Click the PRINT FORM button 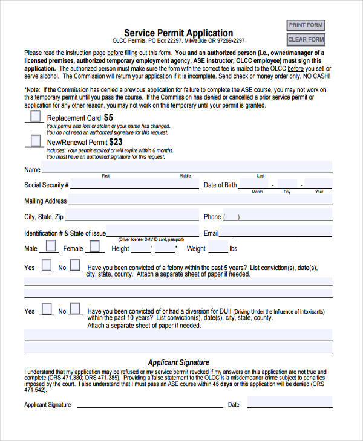(306, 25)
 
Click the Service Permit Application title (178, 33)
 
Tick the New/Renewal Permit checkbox (36, 141)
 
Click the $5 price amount (108, 117)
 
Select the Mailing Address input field (200, 200)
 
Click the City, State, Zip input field (132, 216)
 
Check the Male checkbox (51, 246)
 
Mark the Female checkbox (94, 246)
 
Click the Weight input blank (218, 248)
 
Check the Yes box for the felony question (46, 265)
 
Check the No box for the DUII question (75, 309)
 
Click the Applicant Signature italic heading (178, 362)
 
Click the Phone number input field (278, 216)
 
